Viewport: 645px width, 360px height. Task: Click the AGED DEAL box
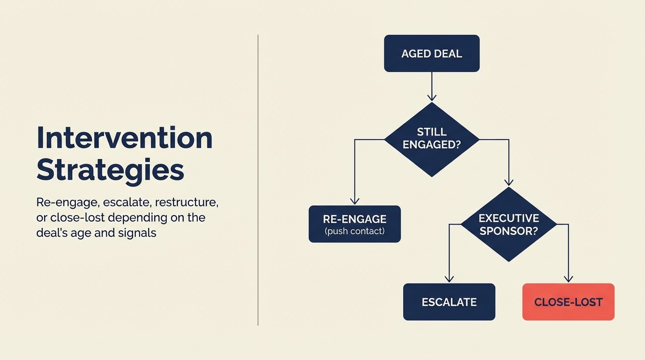[431, 53]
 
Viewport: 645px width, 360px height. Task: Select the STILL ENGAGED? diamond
[432, 139]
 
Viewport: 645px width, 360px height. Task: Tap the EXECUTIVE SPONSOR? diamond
[509, 225]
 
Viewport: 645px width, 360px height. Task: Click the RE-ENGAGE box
[354, 224]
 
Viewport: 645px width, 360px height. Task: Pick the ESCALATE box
[449, 302]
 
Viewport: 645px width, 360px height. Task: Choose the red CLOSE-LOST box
[568, 302]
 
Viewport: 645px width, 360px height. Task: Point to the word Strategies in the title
[110, 170]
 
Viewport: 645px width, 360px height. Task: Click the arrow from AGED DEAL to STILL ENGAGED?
[432, 86]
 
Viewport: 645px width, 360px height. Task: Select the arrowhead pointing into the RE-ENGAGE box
[355, 201]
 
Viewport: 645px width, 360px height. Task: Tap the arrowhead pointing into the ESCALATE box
[449, 278]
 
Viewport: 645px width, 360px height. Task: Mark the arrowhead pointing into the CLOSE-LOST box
[568, 278]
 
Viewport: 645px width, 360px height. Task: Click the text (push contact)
[354, 231]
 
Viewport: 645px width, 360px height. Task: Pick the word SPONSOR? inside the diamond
[509, 231]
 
